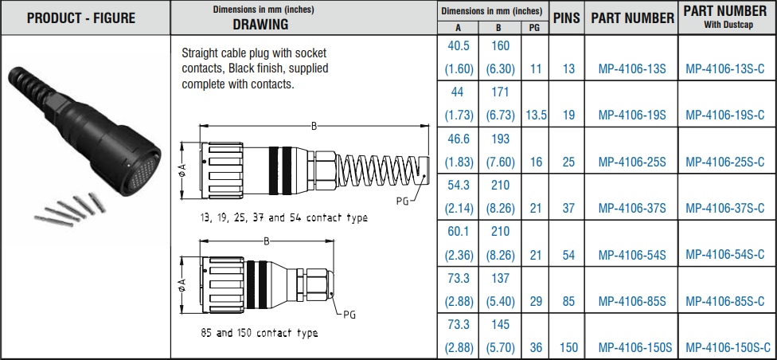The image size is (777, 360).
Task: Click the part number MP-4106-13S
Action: pyautogui.click(x=631, y=68)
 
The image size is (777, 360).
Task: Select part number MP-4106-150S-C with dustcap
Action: pyautogui.click(x=728, y=347)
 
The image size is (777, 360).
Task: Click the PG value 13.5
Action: pyautogui.click(x=536, y=115)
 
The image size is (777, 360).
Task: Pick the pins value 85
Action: pyautogui.click(x=568, y=301)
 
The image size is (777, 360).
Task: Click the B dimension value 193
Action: pyautogui.click(x=500, y=139)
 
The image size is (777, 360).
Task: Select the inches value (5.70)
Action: pyautogui.click(x=500, y=347)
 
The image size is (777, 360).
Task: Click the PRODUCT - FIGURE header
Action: pyautogui.click(x=81, y=18)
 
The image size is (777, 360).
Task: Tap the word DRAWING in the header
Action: pyautogui.click(x=260, y=25)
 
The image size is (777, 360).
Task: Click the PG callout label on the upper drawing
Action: pyautogui.click(x=402, y=201)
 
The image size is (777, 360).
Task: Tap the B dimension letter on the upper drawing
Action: pyautogui.click(x=314, y=125)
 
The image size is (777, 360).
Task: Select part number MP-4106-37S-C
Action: pyautogui.click(x=728, y=208)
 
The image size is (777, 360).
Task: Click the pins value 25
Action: pyautogui.click(x=568, y=162)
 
